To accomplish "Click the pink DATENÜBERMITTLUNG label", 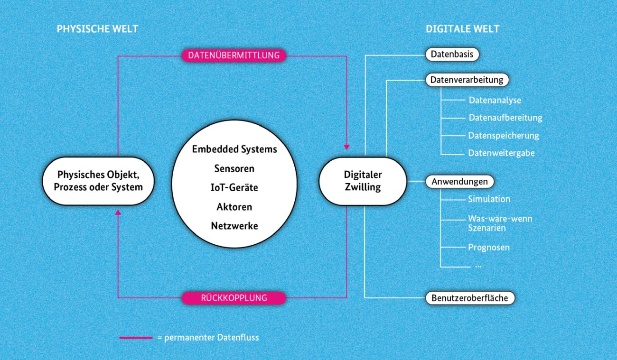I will [x=234, y=55].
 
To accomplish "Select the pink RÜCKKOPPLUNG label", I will [x=234, y=298].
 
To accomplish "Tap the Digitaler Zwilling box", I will [x=363, y=181].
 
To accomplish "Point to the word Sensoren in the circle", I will [x=234, y=168].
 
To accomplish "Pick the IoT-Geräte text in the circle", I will [x=234, y=187].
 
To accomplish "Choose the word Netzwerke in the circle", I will [x=234, y=226].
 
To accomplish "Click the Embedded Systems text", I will [x=234, y=149].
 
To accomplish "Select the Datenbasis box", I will [x=452, y=55].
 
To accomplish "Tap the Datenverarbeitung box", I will [x=467, y=80].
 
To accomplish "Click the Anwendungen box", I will [x=459, y=182].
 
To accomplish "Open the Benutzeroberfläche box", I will [x=469, y=298].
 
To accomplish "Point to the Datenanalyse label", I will [x=495, y=101].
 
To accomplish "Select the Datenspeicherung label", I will [x=504, y=136].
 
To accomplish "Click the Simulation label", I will [x=489, y=199].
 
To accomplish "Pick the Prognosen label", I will [x=489, y=247].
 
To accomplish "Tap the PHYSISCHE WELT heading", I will [x=97, y=29].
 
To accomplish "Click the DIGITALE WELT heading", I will [x=462, y=29].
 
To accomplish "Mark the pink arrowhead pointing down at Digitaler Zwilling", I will [x=347, y=146].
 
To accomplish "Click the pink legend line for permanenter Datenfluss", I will [x=136, y=338].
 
